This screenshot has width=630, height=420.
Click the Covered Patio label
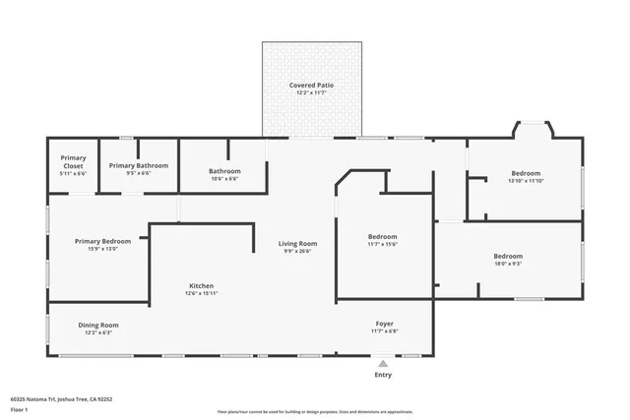tap(311, 86)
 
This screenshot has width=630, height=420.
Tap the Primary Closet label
tap(74, 161)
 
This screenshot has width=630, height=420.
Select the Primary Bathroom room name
tap(138, 165)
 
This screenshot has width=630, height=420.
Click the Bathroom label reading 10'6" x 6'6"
tap(224, 171)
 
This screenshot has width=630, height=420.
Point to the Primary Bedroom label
tap(103, 241)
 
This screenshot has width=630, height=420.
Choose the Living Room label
tap(297, 243)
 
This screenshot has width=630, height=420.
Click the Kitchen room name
tap(202, 286)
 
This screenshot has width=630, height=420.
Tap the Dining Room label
tap(98, 325)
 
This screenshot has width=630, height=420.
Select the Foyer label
tap(385, 324)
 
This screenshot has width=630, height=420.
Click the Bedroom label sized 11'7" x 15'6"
tap(382, 236)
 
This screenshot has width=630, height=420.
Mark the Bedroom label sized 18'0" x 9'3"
tap(508, 257)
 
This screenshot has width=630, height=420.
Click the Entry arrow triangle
tap(383, 364)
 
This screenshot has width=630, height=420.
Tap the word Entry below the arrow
tap(383, 375)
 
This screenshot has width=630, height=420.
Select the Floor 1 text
tap(19, 408)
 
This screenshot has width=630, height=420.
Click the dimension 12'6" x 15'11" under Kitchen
tap(202, 293)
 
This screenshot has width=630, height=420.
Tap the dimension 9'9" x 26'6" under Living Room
tap(297, 251)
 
